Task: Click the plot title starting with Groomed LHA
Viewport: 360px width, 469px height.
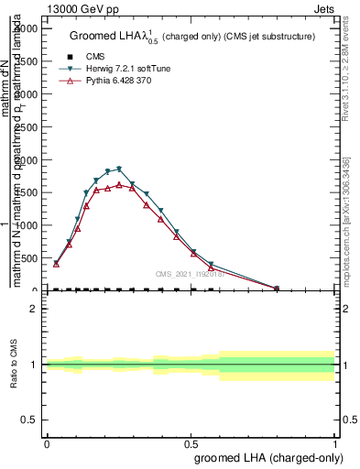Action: click(x=192, y=36)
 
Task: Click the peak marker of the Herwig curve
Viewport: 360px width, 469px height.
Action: click(x=118, y=169)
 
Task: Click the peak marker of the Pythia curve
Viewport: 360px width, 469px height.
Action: click(x=118, y=184)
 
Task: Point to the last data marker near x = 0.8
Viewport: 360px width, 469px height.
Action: click(x=277, y=289)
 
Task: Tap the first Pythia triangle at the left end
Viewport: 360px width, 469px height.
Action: click(x=56, y=264)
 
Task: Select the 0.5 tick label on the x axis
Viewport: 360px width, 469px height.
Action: click(x=191, y=442)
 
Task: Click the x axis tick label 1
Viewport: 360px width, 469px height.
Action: click(x=335, y=442)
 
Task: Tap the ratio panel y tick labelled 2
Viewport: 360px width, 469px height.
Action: click(x=34, y=309)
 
